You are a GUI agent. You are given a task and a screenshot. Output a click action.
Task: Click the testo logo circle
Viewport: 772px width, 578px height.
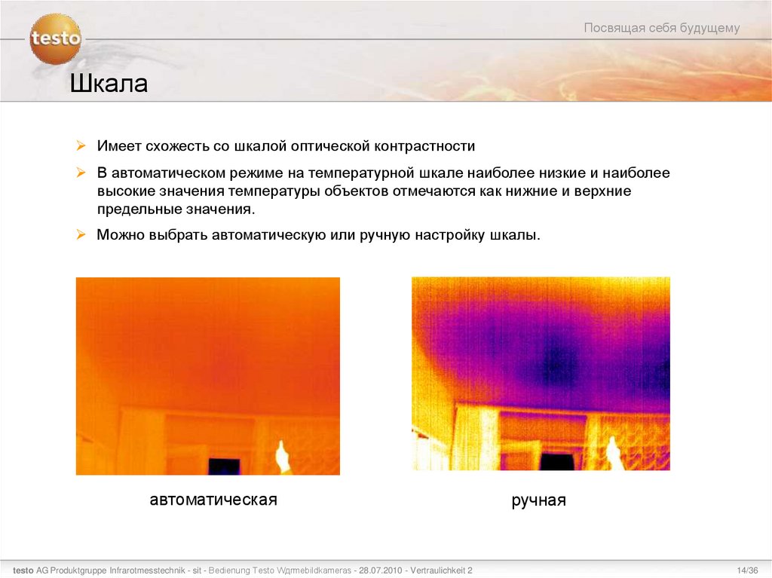point(55,38)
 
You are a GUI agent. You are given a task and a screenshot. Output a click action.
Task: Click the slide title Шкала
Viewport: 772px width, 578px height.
point(109,84)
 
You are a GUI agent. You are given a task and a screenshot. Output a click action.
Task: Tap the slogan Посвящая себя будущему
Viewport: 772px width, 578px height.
point(662,29)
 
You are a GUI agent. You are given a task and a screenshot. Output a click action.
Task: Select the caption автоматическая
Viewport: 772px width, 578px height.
point(213,500)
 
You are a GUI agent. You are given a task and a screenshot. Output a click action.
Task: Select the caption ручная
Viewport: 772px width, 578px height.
point(538,500)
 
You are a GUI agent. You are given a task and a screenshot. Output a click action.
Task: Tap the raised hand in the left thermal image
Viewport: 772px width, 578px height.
point(283,455)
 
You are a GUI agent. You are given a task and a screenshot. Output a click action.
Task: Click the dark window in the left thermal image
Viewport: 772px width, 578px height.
point(224,466)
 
